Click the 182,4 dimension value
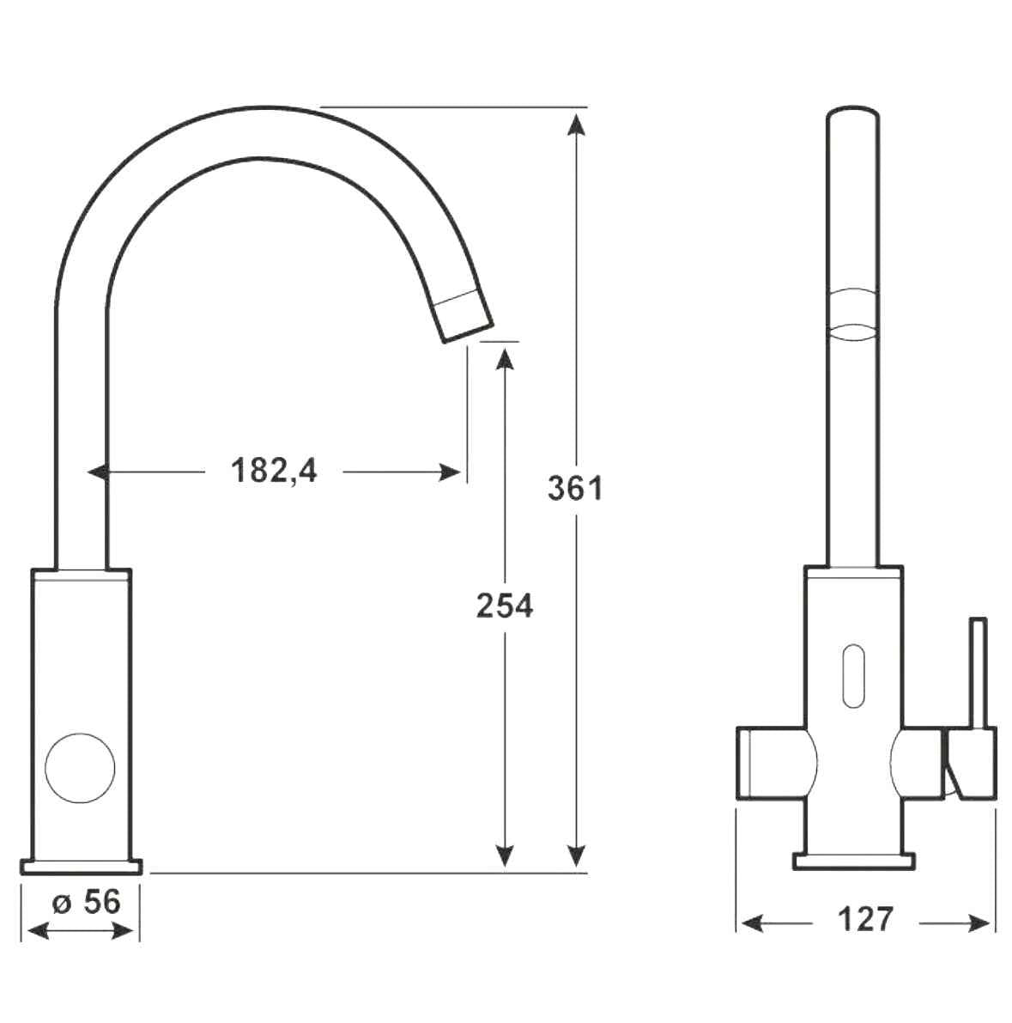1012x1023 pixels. pos(274,471)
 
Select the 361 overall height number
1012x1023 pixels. pos(575,489)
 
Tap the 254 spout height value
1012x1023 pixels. pos(505,606)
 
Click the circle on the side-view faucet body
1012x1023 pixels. pos(80,768)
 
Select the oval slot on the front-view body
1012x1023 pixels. pos(852,677)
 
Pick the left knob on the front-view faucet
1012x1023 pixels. pos(773,762)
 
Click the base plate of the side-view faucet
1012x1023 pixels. pos(85,865)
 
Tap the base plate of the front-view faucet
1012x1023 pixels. pos(852,860)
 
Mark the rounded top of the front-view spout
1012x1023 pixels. pos(851,116)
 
